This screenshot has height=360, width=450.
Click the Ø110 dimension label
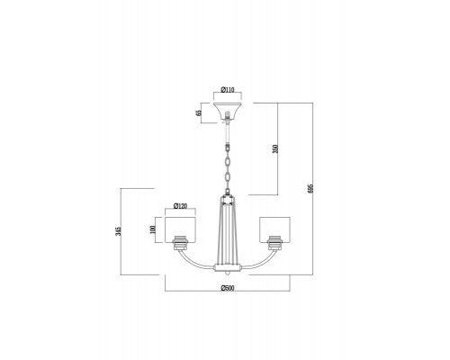(227, 91)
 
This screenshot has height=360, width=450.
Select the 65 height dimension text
(197, 112)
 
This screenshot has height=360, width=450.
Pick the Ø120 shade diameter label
(179, 207)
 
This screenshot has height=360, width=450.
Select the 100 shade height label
(154, 230)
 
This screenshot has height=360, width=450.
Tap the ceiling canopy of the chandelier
(227, 112)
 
